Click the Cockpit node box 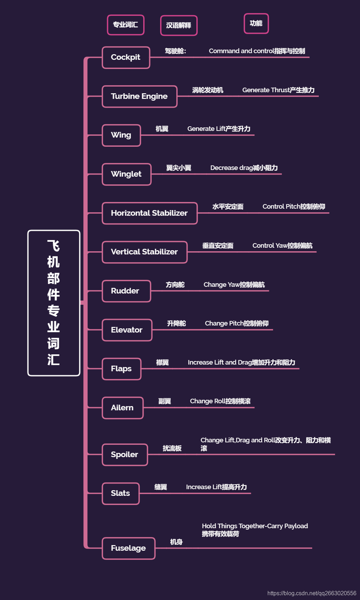(126, 57)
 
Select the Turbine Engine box (139, 96)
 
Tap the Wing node (121, 135)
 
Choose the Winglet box (127, 174)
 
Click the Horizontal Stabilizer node (150, 213)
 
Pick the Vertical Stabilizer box (145, 252)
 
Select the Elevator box (127, 330)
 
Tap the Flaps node (121, 369)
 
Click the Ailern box (122, 408)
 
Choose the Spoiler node (125, 455)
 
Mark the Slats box (121, 493)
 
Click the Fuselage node (128, 548)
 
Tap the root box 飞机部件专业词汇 (54, 303)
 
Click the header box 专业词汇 (126, 25)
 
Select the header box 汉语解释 (179, 26)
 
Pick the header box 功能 (256, 24)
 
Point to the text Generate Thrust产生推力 (278, 90)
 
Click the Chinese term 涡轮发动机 (208, 90)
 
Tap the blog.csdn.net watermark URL (312, 593)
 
